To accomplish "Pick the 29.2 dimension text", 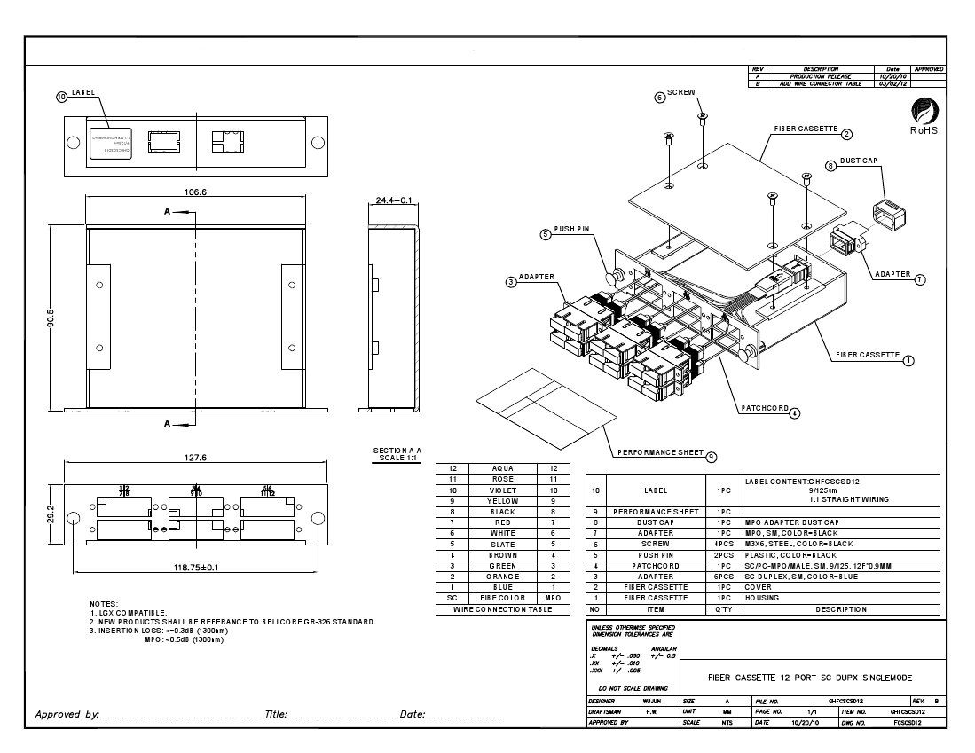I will pyautogui.click(x=51, y=514).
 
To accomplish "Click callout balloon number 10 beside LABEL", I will pyautogui.click(x=61, y=97).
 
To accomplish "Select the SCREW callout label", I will pyautogui.click(x=681, y=92).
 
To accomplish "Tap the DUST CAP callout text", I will pyautogui.click(x=858, y=161).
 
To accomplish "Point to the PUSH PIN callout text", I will pyautogui.click(x=572, y=229).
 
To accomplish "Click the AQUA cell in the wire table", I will pyautogui.click(x=502, y=468).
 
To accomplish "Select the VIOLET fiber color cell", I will pyautogui.click(x=502, y=490).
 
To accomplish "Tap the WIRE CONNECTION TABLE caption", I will pyautogui.click(x=502, y=609).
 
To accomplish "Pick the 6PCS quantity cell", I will pyautogui.click(x=723, y=577).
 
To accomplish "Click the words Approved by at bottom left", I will pyautogui.click(x=67, y=714).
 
